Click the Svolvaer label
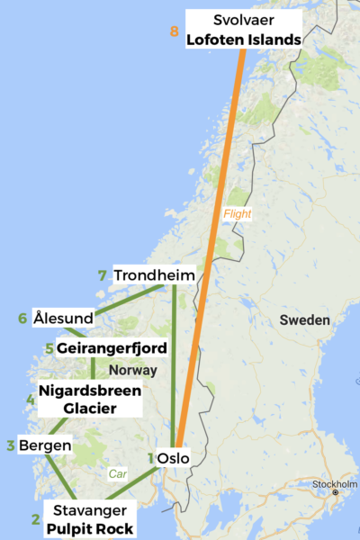coord(243,20)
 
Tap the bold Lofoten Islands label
coord(243,40)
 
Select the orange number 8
coord(174,31)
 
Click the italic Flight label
coord(237,214)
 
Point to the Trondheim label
coord(154,275)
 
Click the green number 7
coord(103,275)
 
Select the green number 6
coord(22,319)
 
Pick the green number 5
coord(49,348)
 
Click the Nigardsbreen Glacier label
coord(89,400)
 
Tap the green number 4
coord(31,400)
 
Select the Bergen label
coord(45,445)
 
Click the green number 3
coord(10,445)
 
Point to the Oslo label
coord(173,458)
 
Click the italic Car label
coord(117,472)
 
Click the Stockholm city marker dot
coord(335,492)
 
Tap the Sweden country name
coord(304,320)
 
